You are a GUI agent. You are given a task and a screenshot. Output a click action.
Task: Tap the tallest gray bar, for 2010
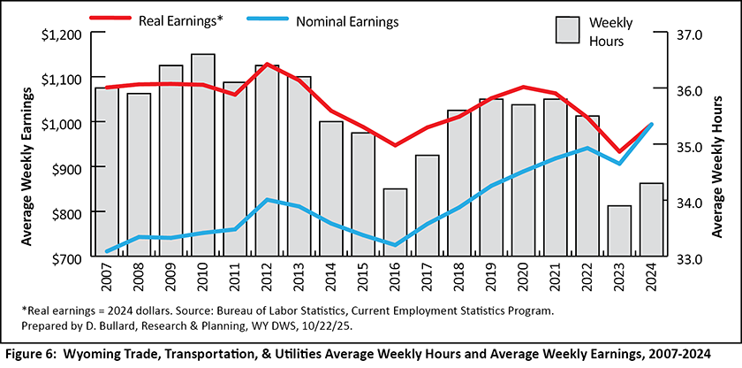(x=203, y=156)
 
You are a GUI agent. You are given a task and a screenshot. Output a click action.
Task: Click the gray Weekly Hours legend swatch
(x=567, y=29)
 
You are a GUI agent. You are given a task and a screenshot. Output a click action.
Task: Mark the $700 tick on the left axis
(x=66, y=258)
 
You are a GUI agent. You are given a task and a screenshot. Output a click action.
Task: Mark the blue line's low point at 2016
(x=395, y=245)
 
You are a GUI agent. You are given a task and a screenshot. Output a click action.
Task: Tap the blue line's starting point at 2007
(x=107, y=251)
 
